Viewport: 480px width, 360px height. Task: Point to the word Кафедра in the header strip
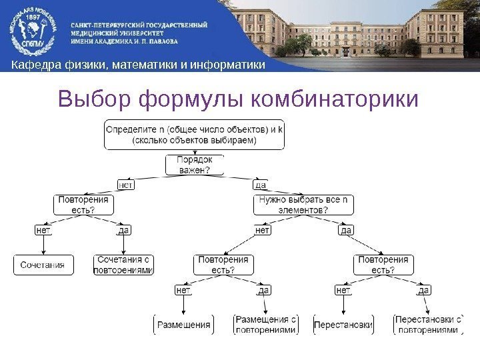pyautogui.click(x=35, y=65)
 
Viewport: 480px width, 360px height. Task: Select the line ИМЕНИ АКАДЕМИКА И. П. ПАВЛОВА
pyautogui.click(x=125, y=40)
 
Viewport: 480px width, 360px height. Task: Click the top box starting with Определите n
pyautogui.click(x=193, y=135)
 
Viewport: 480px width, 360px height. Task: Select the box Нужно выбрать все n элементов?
pyautogui.click(x=303, y=205)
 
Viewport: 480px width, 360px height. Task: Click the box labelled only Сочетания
pyautogui.click(x=43, y=265)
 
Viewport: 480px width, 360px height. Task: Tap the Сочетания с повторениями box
pyautogui.click(x=123, y=265)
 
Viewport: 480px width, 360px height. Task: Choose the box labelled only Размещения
pyautogui.click(x=183, y=325)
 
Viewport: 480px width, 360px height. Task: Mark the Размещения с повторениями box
pyautogui.click(x=265, y=325)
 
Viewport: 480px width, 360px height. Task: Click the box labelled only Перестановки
pyautogui.click(x=343, y=325)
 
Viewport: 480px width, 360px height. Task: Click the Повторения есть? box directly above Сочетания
pyautogui.click(x=83, y=205)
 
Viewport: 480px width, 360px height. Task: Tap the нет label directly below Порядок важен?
pyautogui.click(x=125, y=184)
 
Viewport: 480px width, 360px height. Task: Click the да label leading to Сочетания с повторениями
pyautogui.click(x=123, y=231)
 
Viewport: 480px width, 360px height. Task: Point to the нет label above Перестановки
pyautogui.click(x=343, y=290)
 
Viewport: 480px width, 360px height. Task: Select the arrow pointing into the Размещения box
pyautogui.click(x=183, y=307)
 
